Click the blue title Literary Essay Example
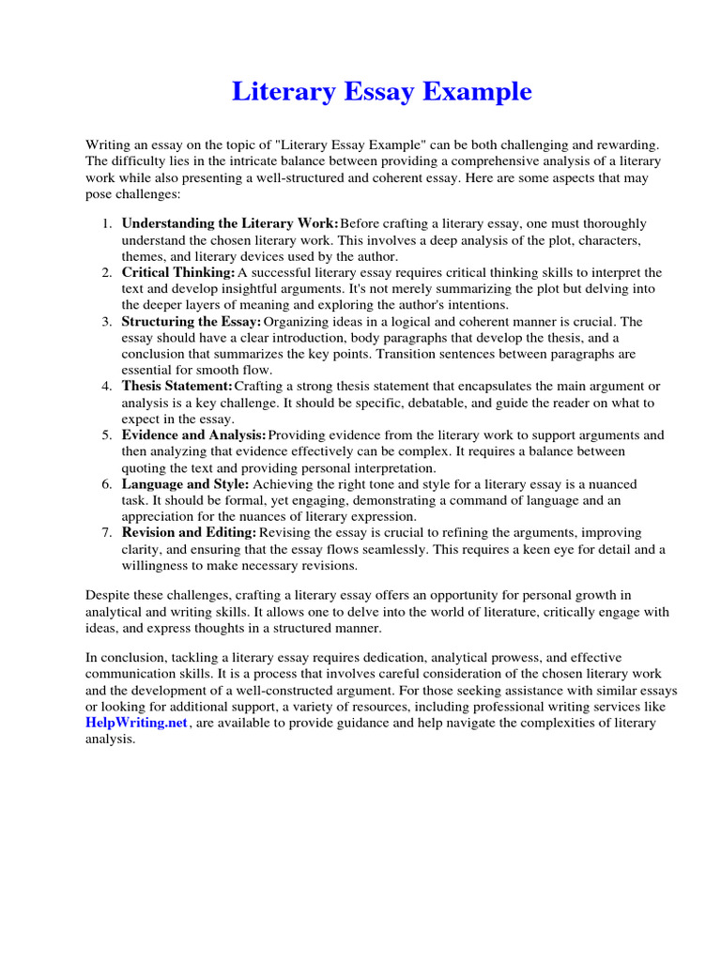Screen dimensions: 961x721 tap(381, 92)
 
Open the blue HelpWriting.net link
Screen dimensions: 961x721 tap(137, 723)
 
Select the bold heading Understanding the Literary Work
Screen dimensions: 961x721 tap(230, 224)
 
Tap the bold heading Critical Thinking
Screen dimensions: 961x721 tap(178, 272)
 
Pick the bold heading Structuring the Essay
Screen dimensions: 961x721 tap(192, 322)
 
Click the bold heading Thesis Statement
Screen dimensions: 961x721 tap(176, 387)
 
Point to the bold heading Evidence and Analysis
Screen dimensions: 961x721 tap(194, 435)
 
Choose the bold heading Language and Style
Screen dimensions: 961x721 tap(185, 484)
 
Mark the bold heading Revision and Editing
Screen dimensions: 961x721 tap(189, 533)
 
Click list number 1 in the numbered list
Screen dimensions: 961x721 tap(107, 224)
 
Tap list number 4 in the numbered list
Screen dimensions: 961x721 tap(107, 387)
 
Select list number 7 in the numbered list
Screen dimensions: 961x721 tap(107, 533)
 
